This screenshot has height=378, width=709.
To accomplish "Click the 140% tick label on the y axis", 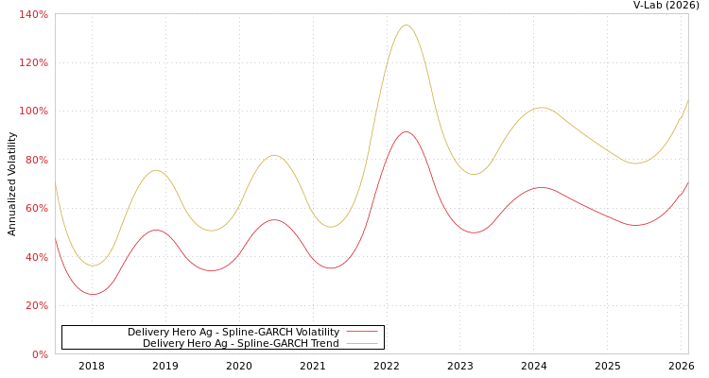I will pyautogui.click(x=34, y=14).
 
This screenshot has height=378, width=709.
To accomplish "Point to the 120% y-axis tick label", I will pyautogui.click(x=34, y=62).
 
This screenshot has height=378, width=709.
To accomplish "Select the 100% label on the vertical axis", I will pyautogui.click(x=34, y=112).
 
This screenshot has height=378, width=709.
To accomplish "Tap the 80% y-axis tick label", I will pyautogui.click(x=36, y=160).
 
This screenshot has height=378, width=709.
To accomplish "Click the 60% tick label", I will pyautogui.click(x=36, y=209).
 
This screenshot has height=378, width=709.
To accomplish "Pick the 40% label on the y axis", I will pyautogui.click(x=36, y=257).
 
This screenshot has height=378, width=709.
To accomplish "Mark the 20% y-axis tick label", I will pyautogui.click(x=36, y=306).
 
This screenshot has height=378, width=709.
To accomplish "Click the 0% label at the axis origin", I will pyautogui.click(x=40, y=354).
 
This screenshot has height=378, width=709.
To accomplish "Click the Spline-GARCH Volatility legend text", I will pyautogui.click(x=233, y=332).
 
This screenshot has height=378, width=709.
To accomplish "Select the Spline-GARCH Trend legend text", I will pyautogui.click(x=240, y=343).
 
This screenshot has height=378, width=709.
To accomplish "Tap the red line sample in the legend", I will pyautogui.click(x=362, y=332).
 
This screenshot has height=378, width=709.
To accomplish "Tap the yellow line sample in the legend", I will pyautogui.click(x=362, y=343).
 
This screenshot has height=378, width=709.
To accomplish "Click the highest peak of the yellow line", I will pyautogui.click(x=406, y=25).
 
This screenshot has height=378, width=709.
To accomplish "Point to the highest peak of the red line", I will pyautogui.click(x=406, y=131).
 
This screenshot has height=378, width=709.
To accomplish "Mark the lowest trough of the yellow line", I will pyautogui.click(x=92, y=266).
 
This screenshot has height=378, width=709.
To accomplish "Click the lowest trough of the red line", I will pyautogui.click(x=92, y=294).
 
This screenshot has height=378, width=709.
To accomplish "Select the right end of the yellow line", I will pyautogui.click(x=687, y=99).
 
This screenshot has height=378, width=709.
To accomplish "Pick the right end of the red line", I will pyautogui.click(x=687, y=182).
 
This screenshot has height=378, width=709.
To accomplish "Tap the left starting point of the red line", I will pyautogui.click(x=56, y=240).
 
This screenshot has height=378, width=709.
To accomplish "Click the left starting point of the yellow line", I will pyautogui.click(x=56, y=183).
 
